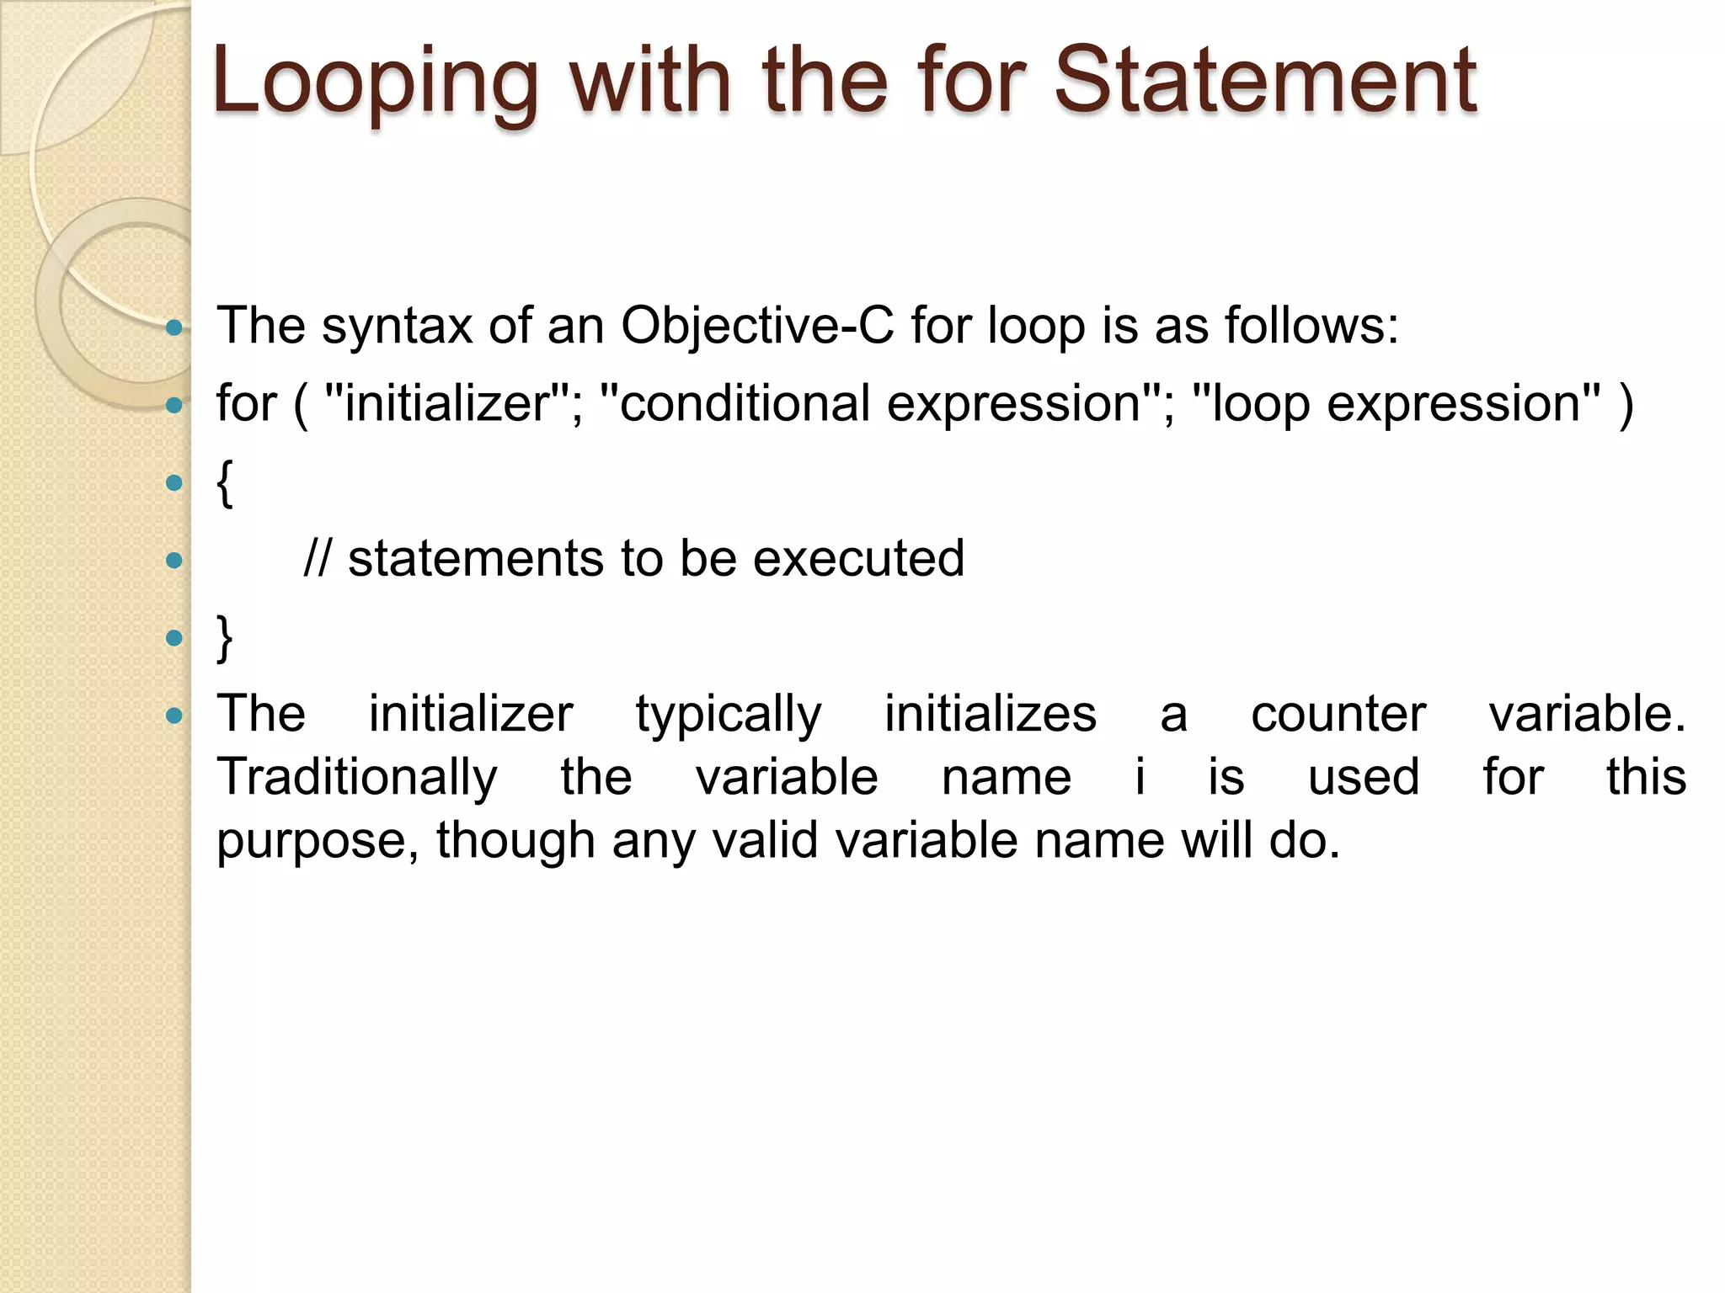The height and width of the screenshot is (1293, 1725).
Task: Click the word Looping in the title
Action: [x=375, y=82]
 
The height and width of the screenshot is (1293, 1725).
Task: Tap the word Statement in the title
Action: [x=1265, y=81]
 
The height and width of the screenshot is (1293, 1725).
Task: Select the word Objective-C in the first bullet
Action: [x=756, y=327]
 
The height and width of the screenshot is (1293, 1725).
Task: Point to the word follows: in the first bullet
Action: [x=1311, y=325]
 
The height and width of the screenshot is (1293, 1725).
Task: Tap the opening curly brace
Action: [x=224, y=483]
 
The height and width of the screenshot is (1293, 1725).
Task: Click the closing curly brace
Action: [x=224, y=638]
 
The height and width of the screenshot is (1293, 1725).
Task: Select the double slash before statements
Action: [x=318, y=559]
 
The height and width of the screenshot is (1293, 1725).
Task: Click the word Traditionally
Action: [x=357, y=778]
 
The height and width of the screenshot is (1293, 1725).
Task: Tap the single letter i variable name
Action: [x=1140, y=778]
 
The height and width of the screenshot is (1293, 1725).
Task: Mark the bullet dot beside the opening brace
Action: [x=174, y=483]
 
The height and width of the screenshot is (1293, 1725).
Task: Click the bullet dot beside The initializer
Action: [x=174, y=716]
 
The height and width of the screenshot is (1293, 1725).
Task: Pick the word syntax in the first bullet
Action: [x=397, y=327]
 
